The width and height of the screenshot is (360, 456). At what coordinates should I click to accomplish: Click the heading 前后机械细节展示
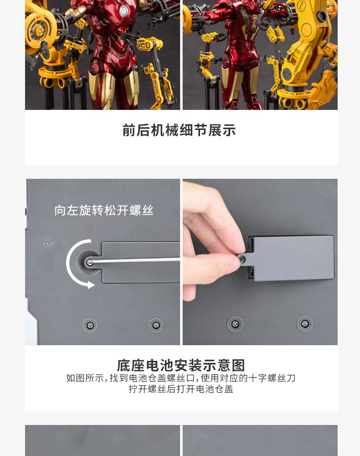(179, 130)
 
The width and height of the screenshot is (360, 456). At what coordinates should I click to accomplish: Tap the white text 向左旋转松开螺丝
(104, 210)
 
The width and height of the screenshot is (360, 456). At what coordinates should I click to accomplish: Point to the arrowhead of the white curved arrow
(91, 285)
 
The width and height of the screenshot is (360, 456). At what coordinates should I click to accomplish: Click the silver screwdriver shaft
(137, 261)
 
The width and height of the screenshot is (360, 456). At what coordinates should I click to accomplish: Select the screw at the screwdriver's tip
(90, 262)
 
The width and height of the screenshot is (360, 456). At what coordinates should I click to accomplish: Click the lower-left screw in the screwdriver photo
(90, 325)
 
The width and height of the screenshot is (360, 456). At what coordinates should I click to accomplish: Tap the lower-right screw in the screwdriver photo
(156, 325)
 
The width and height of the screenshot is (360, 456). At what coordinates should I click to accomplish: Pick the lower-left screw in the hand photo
(235, 324)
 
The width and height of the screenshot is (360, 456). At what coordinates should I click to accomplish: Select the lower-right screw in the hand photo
(304, 324)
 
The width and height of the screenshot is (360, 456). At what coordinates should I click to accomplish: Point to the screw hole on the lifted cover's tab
(242, 259)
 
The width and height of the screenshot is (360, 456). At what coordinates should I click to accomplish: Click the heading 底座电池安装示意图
(181, 365)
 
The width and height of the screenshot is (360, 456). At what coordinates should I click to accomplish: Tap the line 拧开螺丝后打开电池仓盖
(181, 389)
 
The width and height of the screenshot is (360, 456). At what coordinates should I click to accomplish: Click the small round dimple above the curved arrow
(47, 244)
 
